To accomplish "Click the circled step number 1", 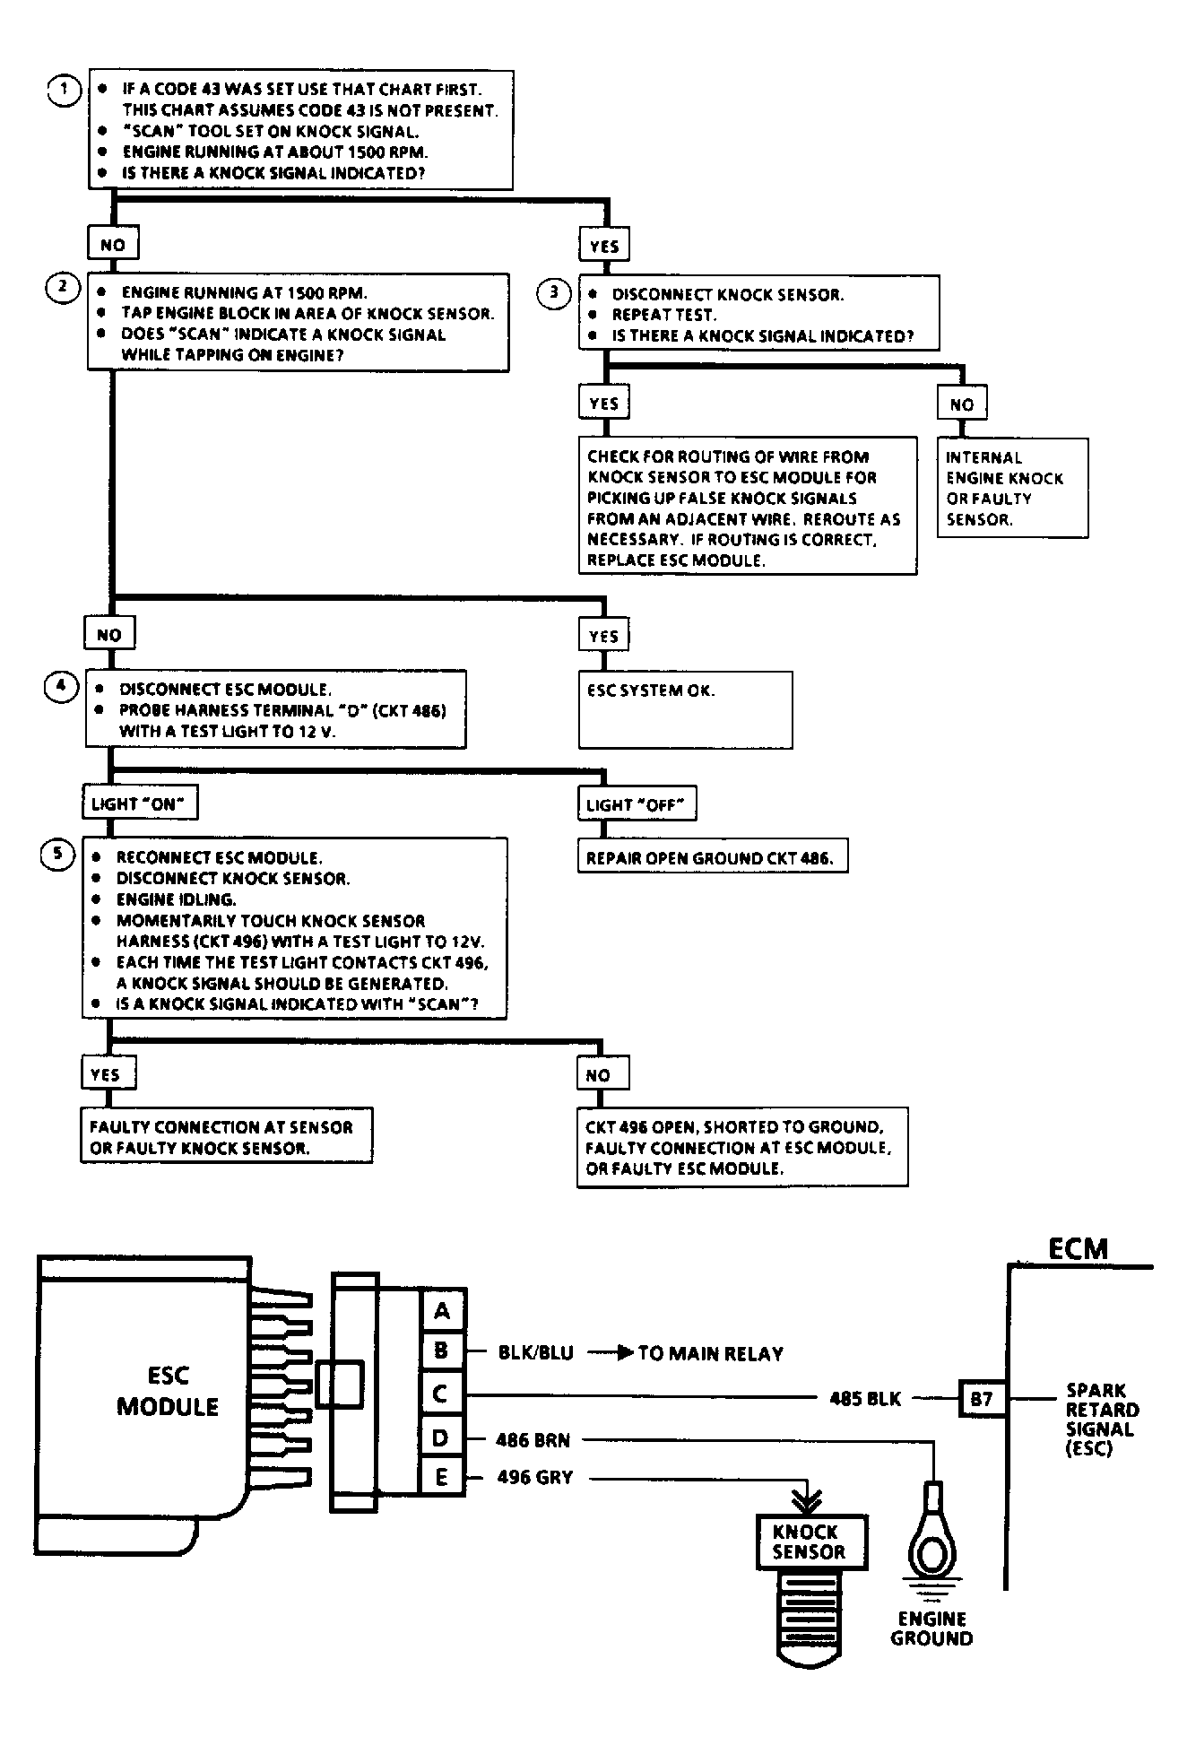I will [x=64, y=90].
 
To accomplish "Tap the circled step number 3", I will [x=553, y=292].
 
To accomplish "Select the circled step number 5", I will [x=58, y=854].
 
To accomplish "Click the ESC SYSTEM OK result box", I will [x=685, y=709].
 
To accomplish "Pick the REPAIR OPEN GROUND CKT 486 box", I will [x=711, y=858].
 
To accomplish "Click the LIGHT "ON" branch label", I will [x=138, y=803].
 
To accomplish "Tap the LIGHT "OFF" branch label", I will [x=636, y=804].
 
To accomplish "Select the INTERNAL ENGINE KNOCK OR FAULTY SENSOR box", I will [x=1012, y=488].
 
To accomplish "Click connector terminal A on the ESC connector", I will [x=442, y=1312].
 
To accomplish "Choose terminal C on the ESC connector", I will [x=442, y=1394].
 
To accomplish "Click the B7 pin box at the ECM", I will [x=982, y=1398].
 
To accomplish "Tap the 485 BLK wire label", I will [x=864, y=1398].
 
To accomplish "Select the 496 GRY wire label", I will [x=534, y=1477].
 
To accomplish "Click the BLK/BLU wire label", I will [x=535, y=1353].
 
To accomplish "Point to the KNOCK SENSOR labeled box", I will [x=809, y=1542].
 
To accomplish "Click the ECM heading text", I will [x=1078, y=1248].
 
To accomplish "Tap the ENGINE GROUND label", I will [x=931, y=1628].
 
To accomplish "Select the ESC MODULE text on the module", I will [x=168, y=1391].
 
